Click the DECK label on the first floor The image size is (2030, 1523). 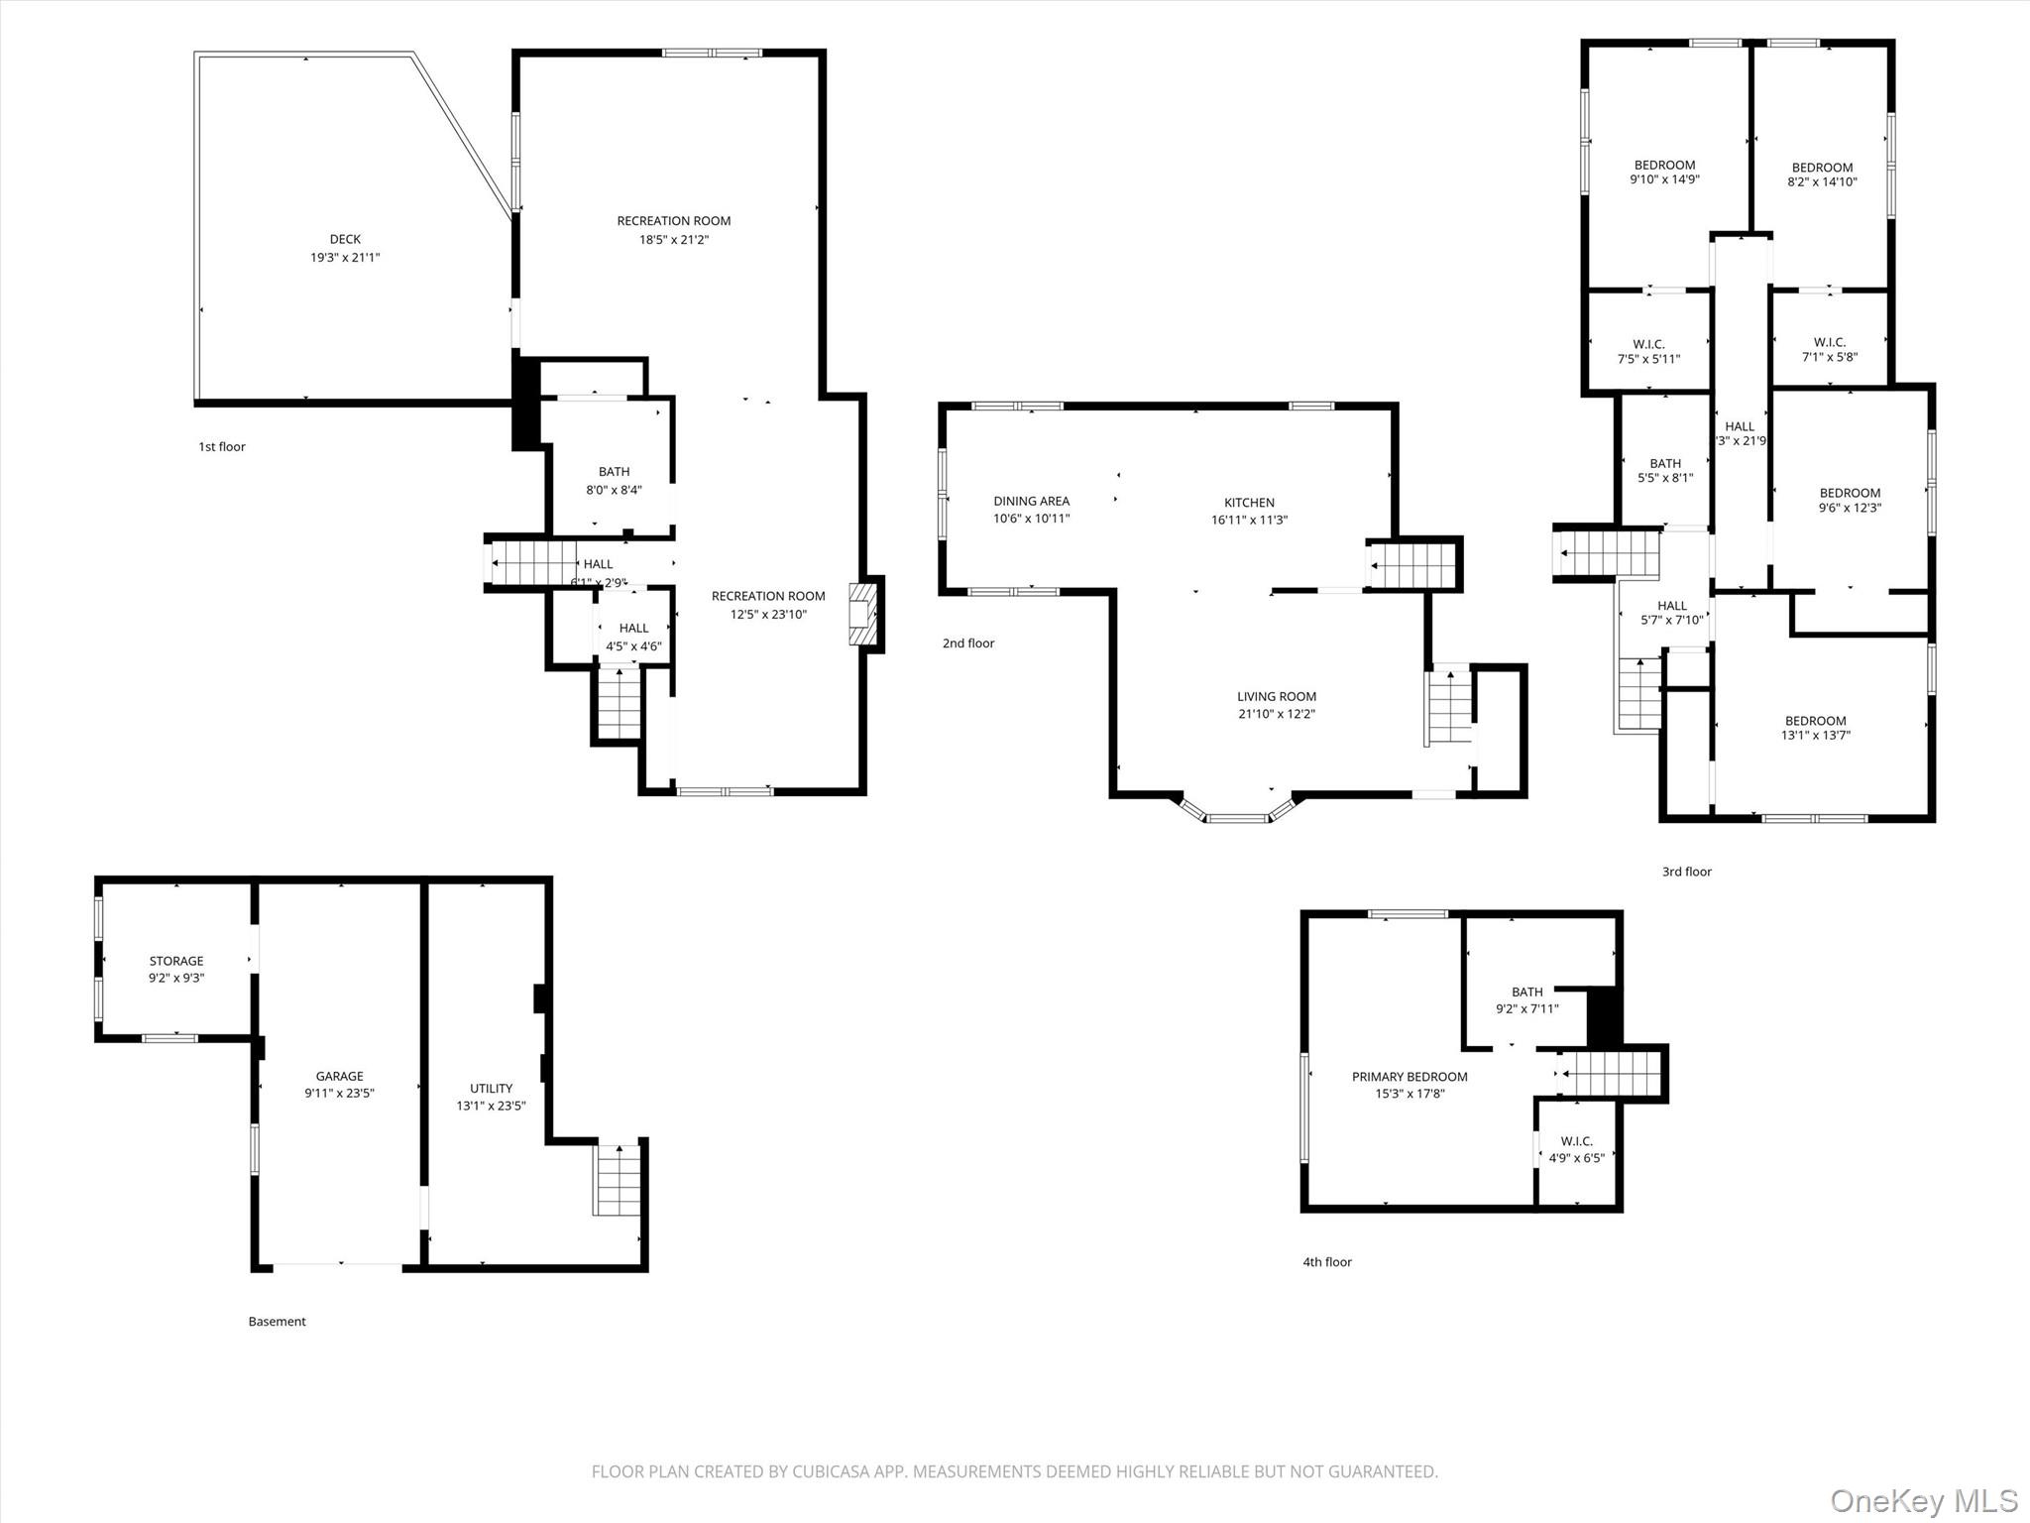[x=345, y=239]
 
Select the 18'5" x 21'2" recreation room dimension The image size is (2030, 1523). [x=674, y=240]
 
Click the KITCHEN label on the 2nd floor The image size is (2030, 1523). [x=1249, y=503]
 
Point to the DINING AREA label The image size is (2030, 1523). [x=1031, y=501]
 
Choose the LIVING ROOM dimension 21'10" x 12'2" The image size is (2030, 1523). [x=1277, y=714]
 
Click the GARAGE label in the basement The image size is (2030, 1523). [x=339, y=1076]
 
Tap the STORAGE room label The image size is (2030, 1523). [x=176, y=961]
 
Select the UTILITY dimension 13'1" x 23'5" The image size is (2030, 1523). [x=491, y=1106]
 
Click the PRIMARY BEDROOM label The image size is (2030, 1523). [x=1410, y=1077]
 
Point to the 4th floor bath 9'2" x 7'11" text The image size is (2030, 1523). [x=1526, y=1009]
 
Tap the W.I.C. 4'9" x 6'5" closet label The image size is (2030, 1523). [x=1576, y=1150]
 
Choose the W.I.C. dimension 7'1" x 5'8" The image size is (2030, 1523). [x=1829, y=358]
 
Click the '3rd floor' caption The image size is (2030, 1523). [x=1686, y=872]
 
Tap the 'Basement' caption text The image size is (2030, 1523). [x=277, y=1321]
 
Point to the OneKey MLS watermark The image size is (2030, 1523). [x=1923, y=1500]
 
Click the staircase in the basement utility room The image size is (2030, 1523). [x=619, y=1180]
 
